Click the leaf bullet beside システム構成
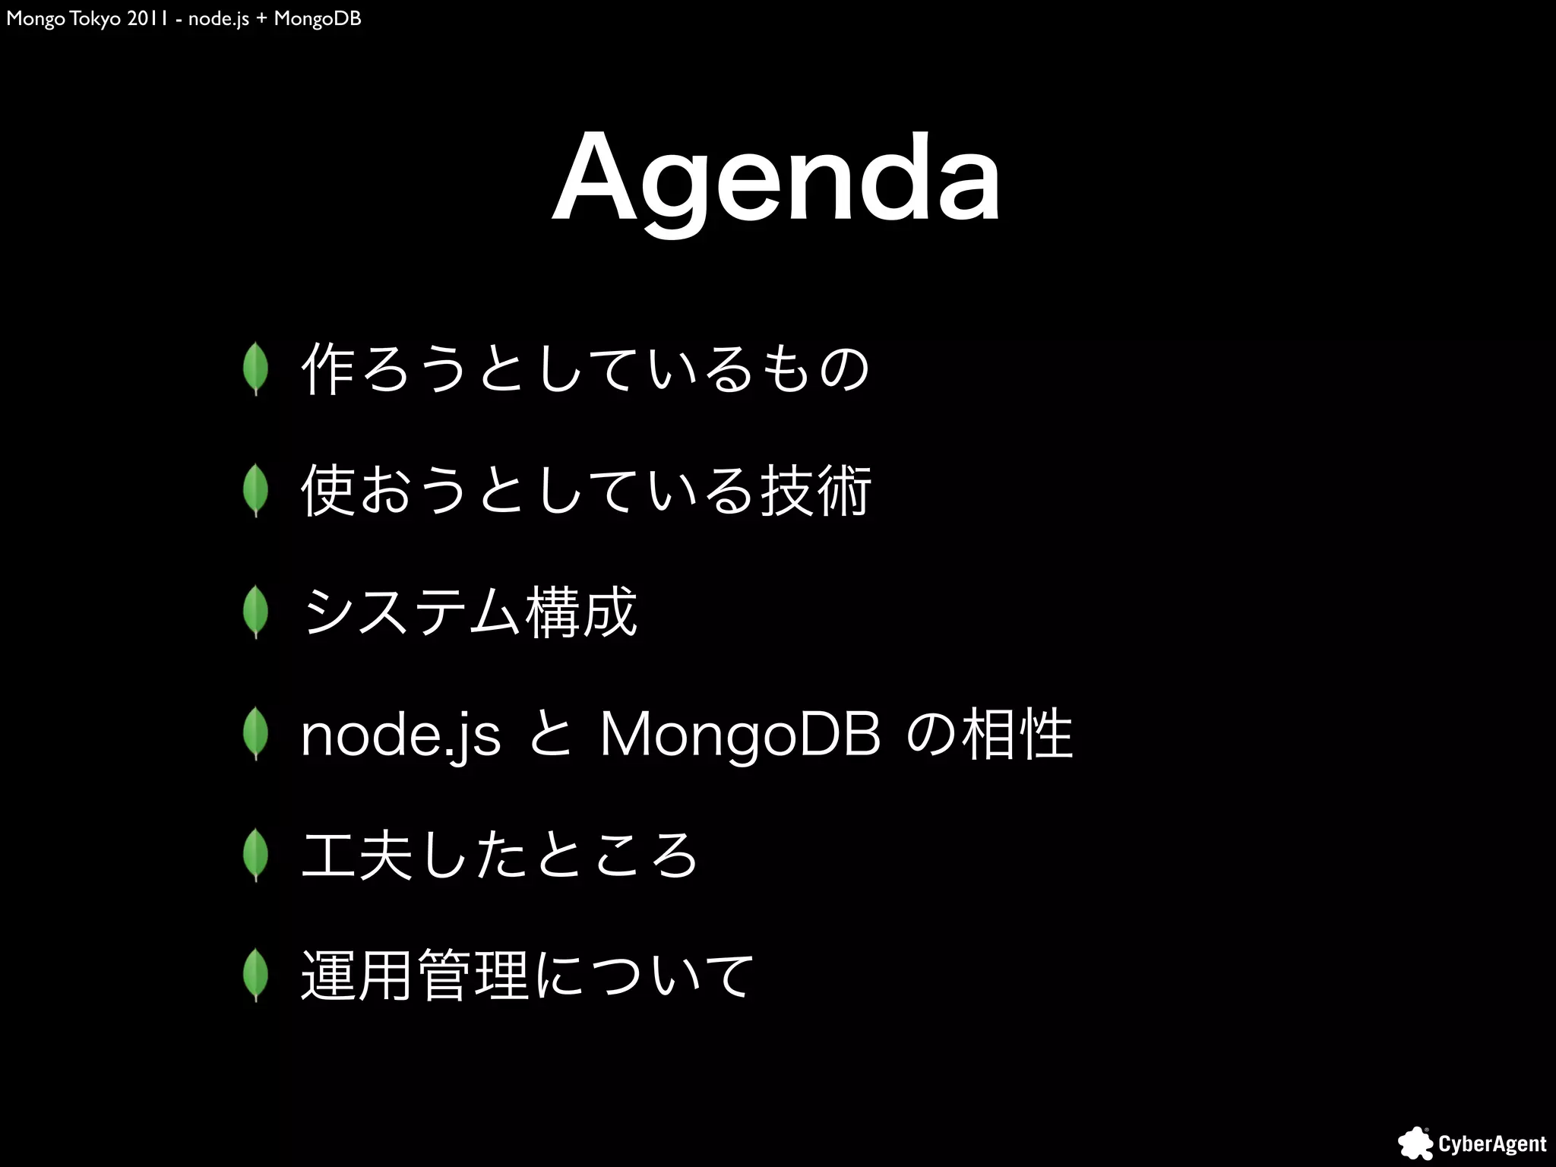[x=256, y=612]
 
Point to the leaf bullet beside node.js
[x=256, y=733]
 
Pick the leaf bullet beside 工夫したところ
[x=256, y=855]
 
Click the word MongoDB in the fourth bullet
[x=741, y=735]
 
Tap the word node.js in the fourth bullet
[x=400, y=735]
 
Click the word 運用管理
[x=415, y=976]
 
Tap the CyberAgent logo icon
[x=1415, y=1143]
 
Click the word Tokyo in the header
[x=95, y=18]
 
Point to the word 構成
[x=580, y=612]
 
